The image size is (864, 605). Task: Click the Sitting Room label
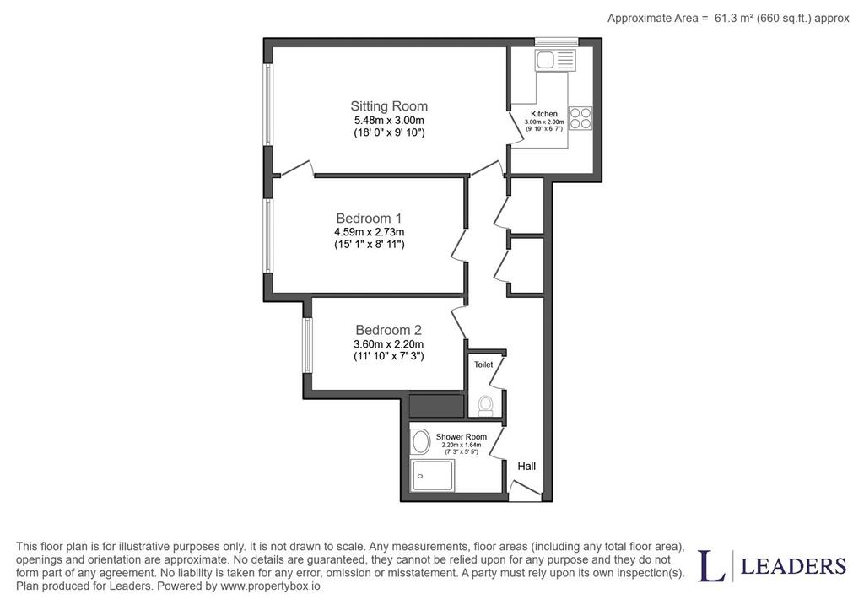[x=389, y=105]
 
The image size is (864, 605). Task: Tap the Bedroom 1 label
[x=370, y=218]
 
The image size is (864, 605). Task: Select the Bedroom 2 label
[x=388, y=329]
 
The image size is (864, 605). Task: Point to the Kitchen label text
[x=544, y=114]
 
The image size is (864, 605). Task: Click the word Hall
[x=526, y=466]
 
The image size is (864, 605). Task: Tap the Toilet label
[x=483, y=365]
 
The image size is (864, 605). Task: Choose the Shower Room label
[x=462, y=436]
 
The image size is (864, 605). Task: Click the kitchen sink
[x=555, y=60]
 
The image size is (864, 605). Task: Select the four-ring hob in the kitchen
[x=580, y=118]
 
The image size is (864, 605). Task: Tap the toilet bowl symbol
[x=485, y=406]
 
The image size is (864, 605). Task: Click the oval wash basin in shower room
[x=421, y=442]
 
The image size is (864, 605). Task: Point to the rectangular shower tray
[x=433, y=476]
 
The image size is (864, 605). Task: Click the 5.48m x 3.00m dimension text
[x=389, y=120]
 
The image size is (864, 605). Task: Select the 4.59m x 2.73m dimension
[x=370, y=232]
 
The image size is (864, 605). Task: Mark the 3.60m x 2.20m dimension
[x=388, y=343]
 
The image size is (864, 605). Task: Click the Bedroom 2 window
[x=307, y=345]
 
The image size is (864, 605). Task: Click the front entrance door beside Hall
[x=525, y=490]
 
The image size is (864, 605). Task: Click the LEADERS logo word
[x=793, y=566]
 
